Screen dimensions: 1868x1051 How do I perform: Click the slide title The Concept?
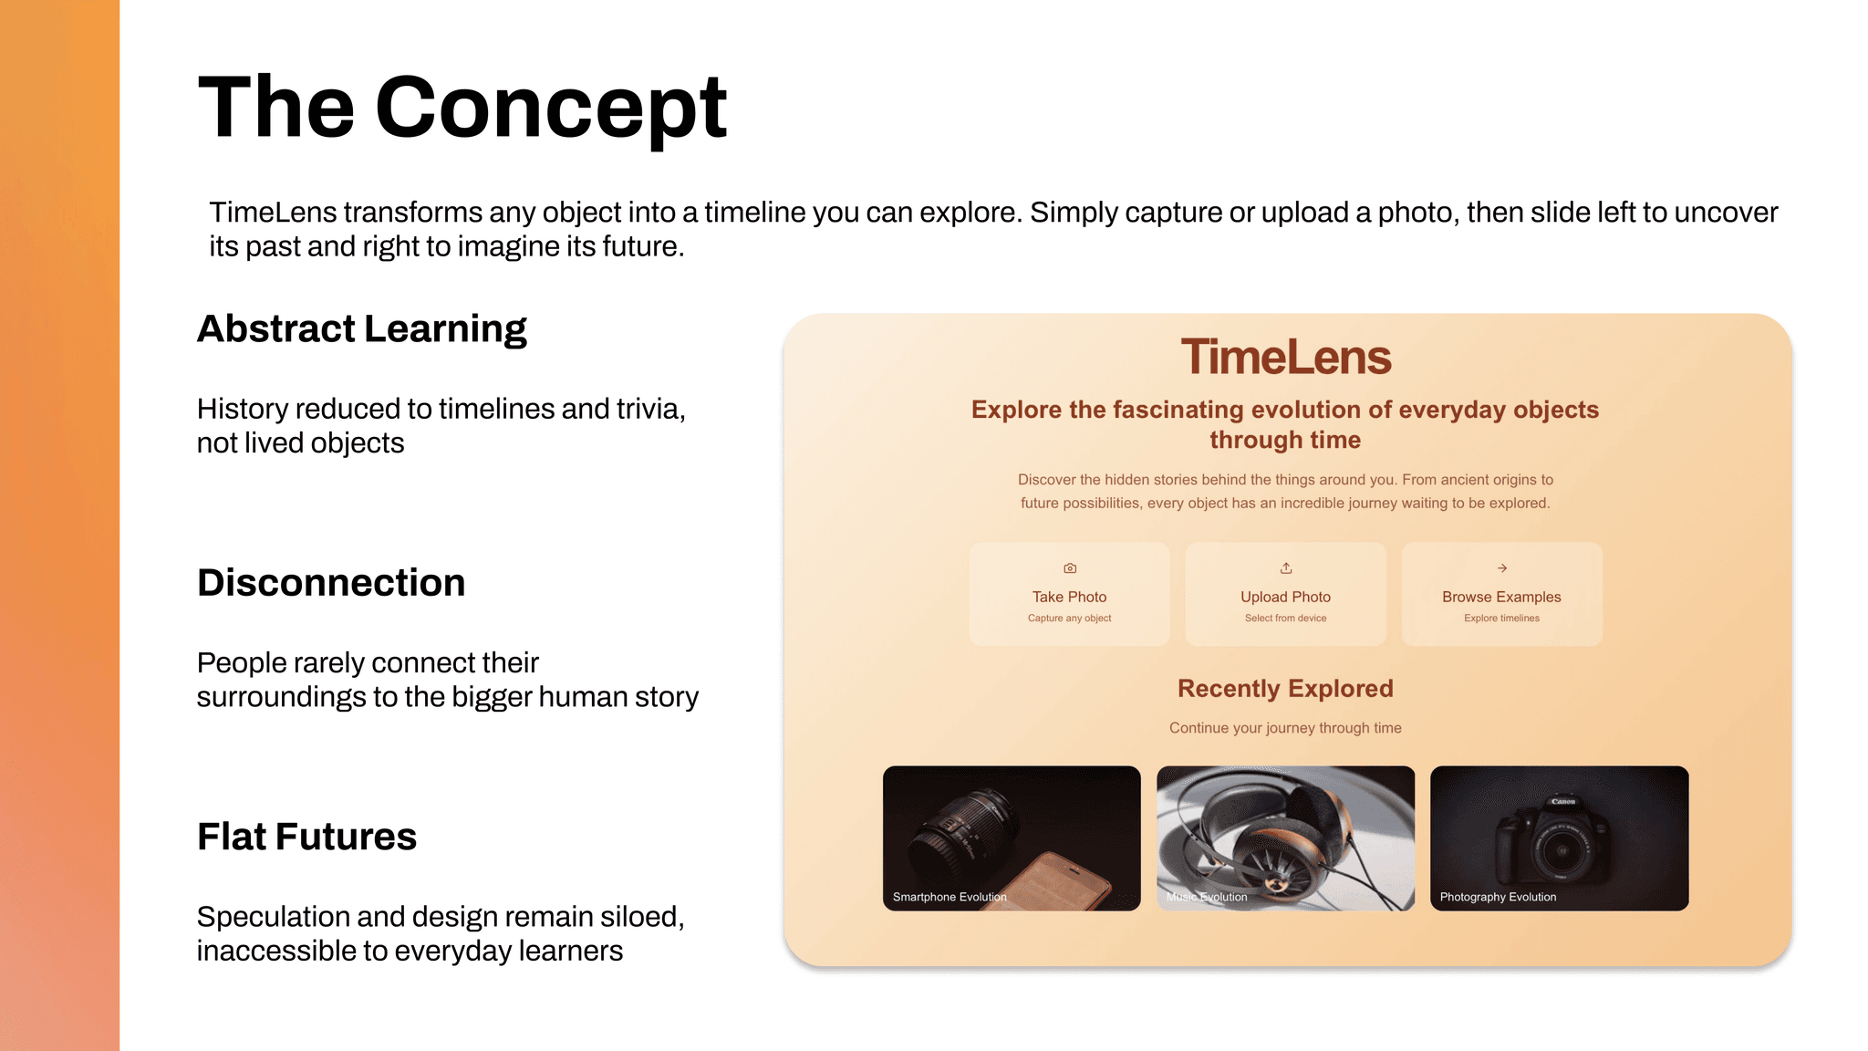point(462,108)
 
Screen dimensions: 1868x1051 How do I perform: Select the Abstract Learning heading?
point(362,329)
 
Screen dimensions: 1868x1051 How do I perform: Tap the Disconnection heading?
point(331,583)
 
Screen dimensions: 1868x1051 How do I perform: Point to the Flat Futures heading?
point(306,837)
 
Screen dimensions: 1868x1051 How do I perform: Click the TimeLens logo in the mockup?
point(1286,357)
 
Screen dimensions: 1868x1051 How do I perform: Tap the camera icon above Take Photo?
point(1070,568)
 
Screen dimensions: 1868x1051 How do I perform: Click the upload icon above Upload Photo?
point(1286,568)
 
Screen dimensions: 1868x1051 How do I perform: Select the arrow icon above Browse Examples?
point(1502,568)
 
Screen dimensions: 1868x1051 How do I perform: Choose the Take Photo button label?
point(1070,597)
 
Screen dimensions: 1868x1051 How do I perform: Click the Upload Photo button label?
point(1286,597)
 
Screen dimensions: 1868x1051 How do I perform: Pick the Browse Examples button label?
point(1502,597)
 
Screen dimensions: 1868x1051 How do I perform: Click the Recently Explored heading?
point(1286,689)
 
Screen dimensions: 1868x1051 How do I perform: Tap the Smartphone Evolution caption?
point(950,897)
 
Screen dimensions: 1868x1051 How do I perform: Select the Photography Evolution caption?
point(1499,897)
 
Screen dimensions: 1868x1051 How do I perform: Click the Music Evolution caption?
point(1207,897)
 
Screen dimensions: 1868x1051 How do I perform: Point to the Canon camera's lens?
point(1562,851)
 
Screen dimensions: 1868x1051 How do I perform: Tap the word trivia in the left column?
point(650,410)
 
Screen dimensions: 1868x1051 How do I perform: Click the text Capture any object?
point(1070,619)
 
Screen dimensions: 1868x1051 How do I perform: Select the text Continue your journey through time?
point(1286,728)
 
